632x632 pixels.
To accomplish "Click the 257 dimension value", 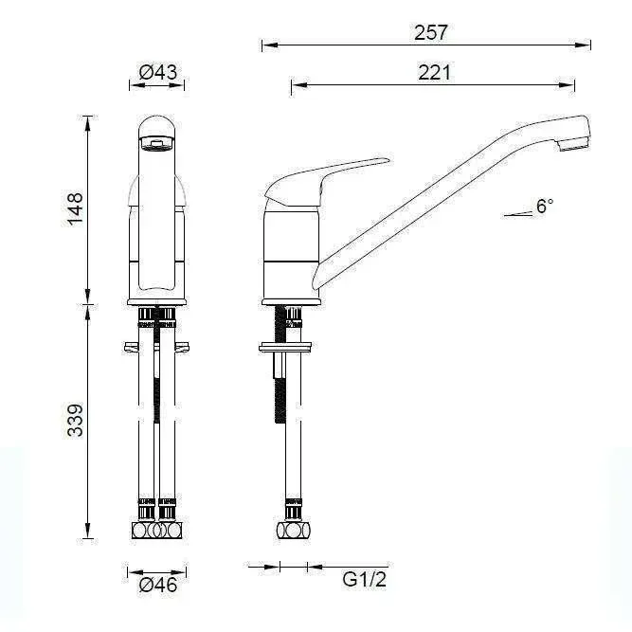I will [x=431, y=32].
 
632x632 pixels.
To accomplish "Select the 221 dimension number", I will [x=434, y=72].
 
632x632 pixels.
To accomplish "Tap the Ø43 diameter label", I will [x=158, y=72].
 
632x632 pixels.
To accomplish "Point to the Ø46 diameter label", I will [x=158, y=586].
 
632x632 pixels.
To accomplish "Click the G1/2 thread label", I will [x=365, y=579].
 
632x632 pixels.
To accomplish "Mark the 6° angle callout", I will [x=544, y=206].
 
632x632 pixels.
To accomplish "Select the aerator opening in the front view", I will [x=156, y=143].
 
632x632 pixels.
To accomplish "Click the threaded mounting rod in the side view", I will [x=281, y=398].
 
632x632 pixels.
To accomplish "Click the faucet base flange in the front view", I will [x=157, y=302].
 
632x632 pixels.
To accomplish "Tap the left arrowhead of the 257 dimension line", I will [x=266, y=44].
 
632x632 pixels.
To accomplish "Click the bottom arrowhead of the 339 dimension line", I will [x=89, y=533].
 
